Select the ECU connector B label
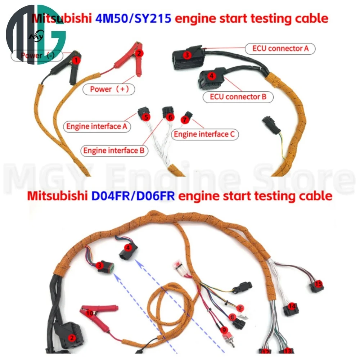(x=240, y=97)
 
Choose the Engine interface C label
(x=204, y=134)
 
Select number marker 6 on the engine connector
(x=170, y=117)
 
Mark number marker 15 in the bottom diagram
(x=317, y=284)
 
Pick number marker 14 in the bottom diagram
(x=292, y=306)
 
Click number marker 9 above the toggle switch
(x=224, y=329)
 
